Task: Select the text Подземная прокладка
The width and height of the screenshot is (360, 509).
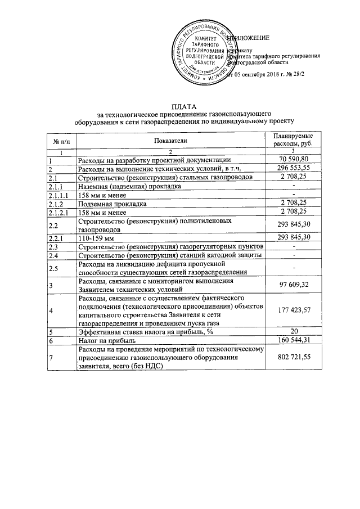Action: [x=113, y=203]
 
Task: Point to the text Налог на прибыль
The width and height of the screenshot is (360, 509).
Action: [x=109, y=340]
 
